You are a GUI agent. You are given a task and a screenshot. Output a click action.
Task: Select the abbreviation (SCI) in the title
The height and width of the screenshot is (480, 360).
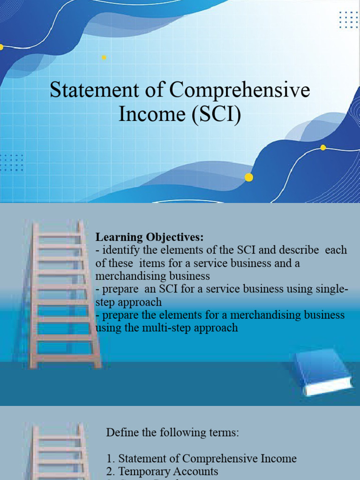pyautogui.click(x=216, y=114)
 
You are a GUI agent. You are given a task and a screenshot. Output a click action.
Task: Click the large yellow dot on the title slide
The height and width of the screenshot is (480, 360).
pyautogui.click(x=249, y=177)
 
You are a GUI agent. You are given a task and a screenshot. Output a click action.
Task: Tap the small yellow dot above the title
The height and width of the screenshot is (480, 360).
pyautogui.click(x=104, y=58)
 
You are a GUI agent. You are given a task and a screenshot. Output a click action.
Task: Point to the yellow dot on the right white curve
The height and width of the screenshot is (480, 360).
pyautogui.click(x=323, y=148)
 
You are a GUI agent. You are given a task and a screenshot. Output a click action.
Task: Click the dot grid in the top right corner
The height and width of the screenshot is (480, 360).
pyautogui.click(x=348, y=20)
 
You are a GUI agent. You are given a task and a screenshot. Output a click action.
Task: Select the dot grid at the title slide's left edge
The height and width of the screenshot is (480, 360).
pyautogui.click(x=11, y=162)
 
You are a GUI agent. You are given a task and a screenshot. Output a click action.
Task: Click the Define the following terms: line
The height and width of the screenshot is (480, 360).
pyautogui.click(x=172, y=433)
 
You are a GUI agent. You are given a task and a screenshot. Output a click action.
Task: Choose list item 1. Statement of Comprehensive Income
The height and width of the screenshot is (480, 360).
pyautogui.click(x=202, y=458)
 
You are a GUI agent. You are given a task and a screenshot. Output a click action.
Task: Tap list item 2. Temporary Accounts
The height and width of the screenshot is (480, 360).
pyautogui.click(x=162, y=471)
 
